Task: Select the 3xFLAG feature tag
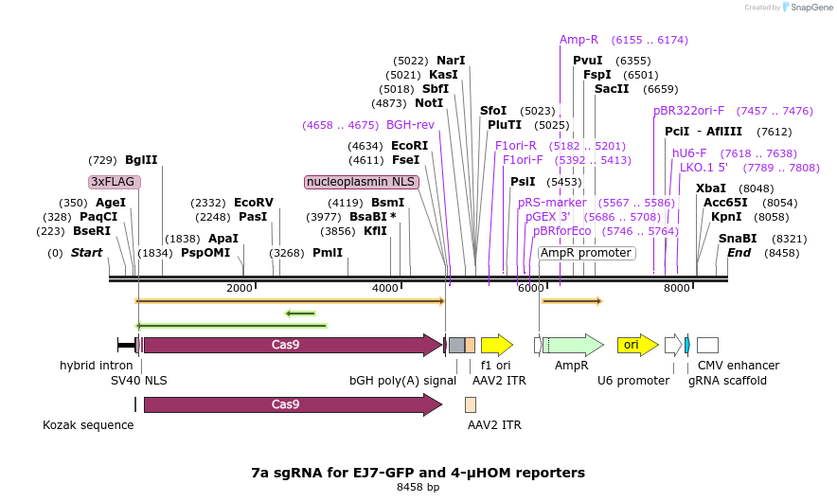(x=115, y=182)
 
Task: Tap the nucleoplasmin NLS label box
(x=361, y=182)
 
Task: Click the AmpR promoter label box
(x=586, y=253)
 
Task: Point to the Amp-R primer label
(x=579, y=40)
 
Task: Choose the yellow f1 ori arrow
(x=496, y=345)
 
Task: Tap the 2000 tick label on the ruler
(x=240, y=288)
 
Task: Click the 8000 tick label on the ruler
(x=676, y=288)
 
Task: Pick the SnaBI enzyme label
(x=738, y=239)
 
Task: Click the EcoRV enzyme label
(x=253, y=203)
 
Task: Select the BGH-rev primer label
(x=410, y=125)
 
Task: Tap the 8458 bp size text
(x=418, y=488)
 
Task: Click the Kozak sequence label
(x=88, y=425)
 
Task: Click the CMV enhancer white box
(x=707, y=345)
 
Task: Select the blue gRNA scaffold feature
(x=687, y=345)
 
